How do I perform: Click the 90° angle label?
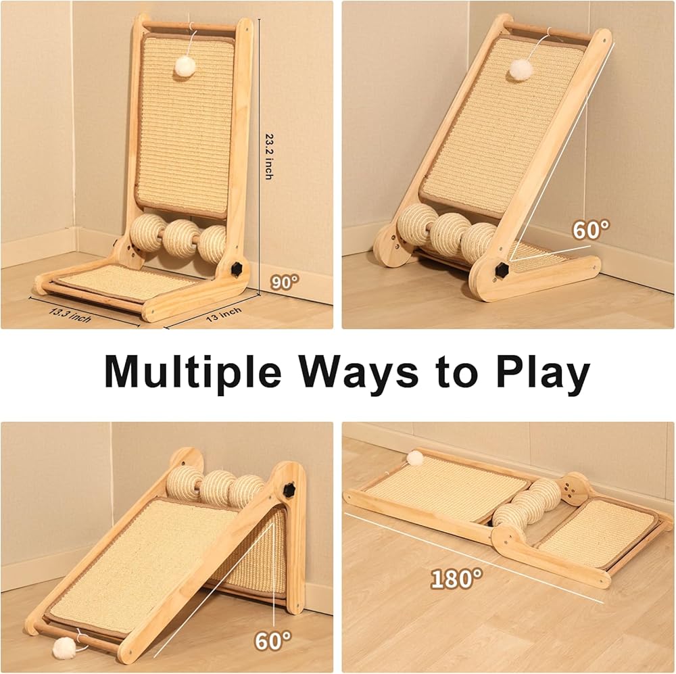[285, 282]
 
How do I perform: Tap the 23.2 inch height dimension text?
[269, 156]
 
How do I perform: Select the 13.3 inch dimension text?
[70, 315]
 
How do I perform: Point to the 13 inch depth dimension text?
[224, 314]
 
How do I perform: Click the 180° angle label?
[456, 579]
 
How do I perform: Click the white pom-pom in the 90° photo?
[185, 66]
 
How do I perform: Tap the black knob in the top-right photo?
[502, 270]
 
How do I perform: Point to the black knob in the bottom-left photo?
[289, 489]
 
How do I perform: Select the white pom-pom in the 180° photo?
[415, 458]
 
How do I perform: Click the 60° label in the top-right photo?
[591, 230]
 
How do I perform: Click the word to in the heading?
[458, 372]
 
